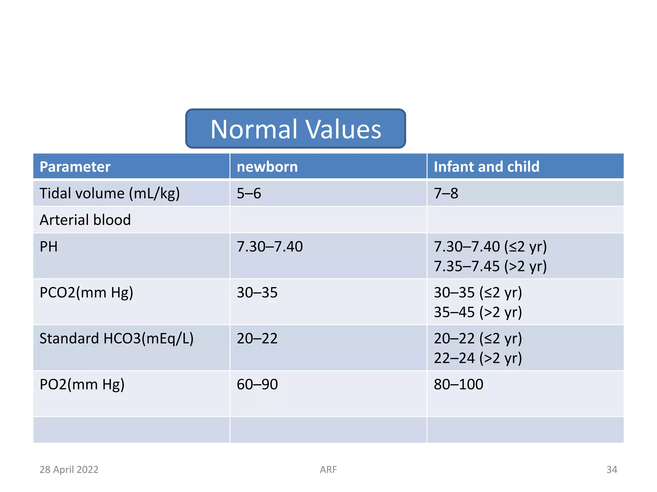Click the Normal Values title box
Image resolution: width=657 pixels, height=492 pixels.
295,129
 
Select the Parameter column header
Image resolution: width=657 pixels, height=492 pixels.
75,167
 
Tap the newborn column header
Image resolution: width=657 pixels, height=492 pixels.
267,167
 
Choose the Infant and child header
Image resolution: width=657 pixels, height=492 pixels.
486,167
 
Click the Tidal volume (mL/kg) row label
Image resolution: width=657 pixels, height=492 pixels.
109,193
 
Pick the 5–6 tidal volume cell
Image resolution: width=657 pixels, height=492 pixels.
249,193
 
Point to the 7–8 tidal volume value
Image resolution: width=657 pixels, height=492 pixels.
446,193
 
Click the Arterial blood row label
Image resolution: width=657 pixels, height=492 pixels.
85,220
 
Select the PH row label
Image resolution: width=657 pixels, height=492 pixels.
48,247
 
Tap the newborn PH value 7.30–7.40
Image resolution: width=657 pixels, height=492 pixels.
269,247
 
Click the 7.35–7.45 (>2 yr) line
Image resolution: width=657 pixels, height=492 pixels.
490,266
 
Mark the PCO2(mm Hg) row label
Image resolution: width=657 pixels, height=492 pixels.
86,292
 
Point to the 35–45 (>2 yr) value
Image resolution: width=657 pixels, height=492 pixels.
478,312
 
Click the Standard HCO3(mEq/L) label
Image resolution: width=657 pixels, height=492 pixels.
116,339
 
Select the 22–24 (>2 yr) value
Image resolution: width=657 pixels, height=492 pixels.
478,358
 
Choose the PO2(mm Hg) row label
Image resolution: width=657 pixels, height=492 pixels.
82,384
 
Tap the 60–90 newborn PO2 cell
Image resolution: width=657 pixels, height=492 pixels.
257,384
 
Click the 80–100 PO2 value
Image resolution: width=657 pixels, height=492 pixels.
458,384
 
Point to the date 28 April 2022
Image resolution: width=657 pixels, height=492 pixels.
69,470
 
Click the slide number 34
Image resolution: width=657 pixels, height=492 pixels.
611,470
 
